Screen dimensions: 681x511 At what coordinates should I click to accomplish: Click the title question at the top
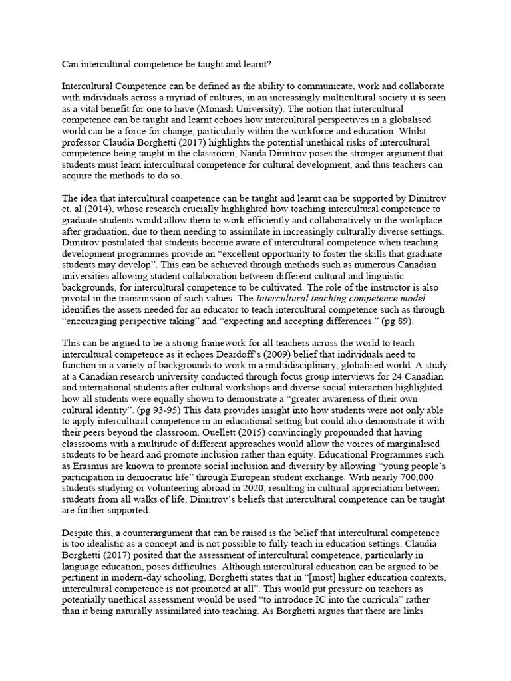click(x=173, y=65)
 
